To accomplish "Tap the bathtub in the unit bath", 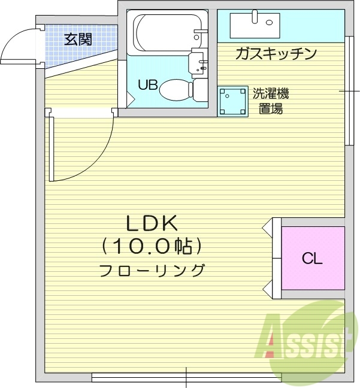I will click(163, 33).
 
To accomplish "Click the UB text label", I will click(147, 84).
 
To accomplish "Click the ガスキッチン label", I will click(276, 54).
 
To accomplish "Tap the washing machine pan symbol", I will click(232, 101).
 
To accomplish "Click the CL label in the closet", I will click(312, 259).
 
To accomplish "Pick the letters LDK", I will click(152, 223).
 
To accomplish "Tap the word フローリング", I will click(152, 269).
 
